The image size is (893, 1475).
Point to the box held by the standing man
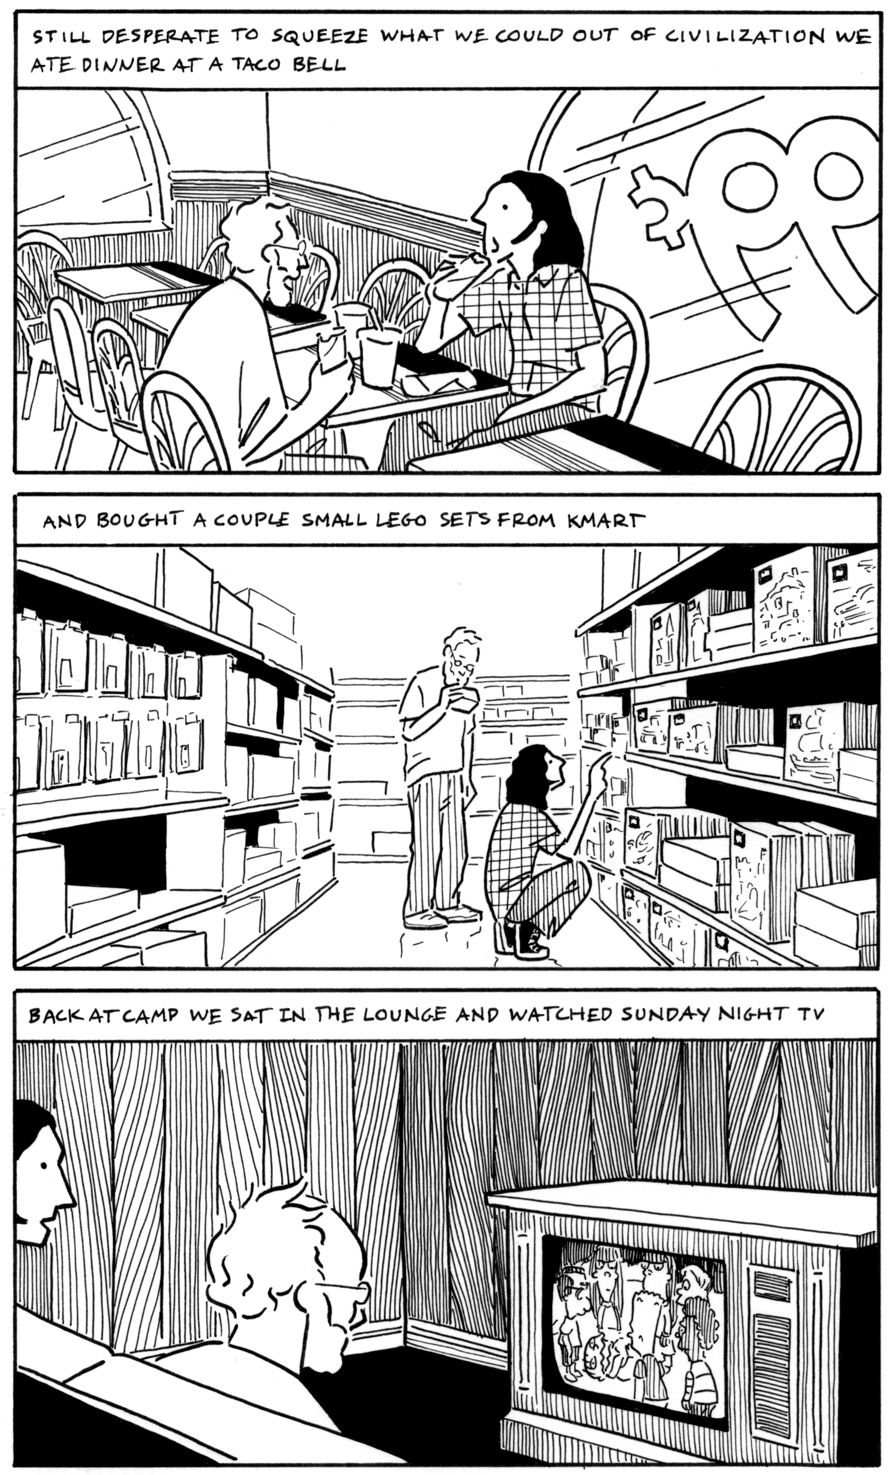(465, 699)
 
